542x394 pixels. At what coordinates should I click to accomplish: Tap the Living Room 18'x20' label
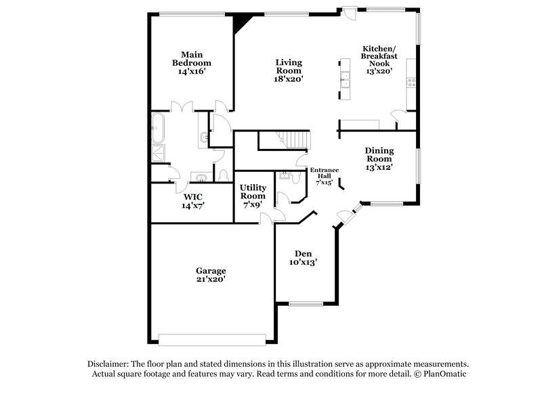(288, 70)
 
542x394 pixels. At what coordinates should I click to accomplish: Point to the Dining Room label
(379, 158)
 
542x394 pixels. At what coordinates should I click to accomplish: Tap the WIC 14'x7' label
(192, 202)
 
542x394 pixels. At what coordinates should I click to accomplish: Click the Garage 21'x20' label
(212, 274)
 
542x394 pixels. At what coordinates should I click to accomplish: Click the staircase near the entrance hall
(293, 141)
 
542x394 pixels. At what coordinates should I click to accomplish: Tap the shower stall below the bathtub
(157, 153)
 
